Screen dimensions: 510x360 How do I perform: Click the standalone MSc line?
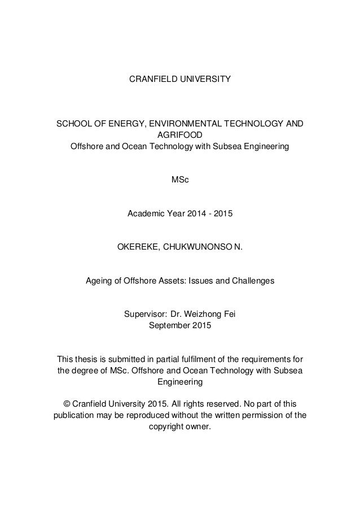(x=180, y=180)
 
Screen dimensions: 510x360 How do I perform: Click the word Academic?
(x=146, y=214)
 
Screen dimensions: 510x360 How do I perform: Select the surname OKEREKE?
(x=138, y=247)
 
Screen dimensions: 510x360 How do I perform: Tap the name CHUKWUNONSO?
(x=196, y=247)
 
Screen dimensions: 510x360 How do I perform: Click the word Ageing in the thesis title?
(x=98, y=280)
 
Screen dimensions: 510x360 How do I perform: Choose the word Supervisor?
(x=144, y=313)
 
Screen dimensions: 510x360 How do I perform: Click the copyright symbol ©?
(x=67, y=404)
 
